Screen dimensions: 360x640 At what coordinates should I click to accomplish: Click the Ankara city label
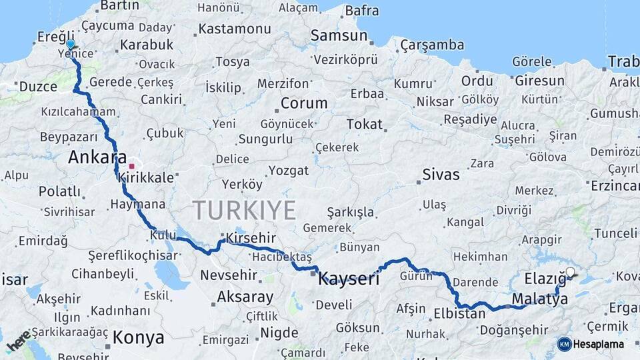click(x=97, y=158)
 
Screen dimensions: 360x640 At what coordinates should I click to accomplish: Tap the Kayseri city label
click(x=349, y=278)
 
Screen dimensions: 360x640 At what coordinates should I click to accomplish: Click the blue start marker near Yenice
click(x=70, y=44)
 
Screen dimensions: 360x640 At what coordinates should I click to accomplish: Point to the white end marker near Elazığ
click(x=570, y=272)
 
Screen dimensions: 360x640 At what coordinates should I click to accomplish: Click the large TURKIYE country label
click(x=245, y=211)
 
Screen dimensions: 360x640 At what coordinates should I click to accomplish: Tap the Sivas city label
click(x=441, y=175)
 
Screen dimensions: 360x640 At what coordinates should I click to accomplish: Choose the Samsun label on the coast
click(x=339, y=36)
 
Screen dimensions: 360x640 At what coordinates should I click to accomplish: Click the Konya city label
click(x=138, y=338)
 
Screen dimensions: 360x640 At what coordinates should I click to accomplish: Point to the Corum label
click(x=304, y=103)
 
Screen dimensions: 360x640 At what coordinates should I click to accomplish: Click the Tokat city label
click(x=365, y=124)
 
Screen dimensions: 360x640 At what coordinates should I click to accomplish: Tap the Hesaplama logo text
click(x=598, y=344)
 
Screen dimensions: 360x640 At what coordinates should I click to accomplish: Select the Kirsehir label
click(x=250, y=238)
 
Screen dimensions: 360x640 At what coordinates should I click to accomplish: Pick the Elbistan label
click(x=459, y=313)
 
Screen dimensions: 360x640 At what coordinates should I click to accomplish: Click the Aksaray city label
click(x=245, y=297)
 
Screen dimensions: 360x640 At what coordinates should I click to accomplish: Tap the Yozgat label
click(x=288, y=171)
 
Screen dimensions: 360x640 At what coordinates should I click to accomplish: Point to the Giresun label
click(x=539, y=81)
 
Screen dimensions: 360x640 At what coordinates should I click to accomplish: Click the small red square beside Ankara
click(x=132, y=166)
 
